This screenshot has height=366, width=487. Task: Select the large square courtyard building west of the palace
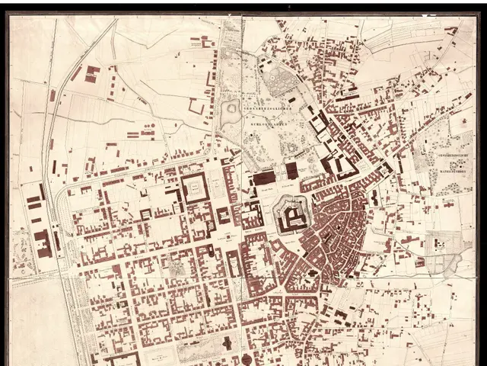coord(195,188)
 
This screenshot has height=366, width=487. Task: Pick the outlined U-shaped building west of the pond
coord(197,107)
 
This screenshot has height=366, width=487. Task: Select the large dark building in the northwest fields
coord(92,74)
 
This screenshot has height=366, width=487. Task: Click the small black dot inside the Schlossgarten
coord(251,136)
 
